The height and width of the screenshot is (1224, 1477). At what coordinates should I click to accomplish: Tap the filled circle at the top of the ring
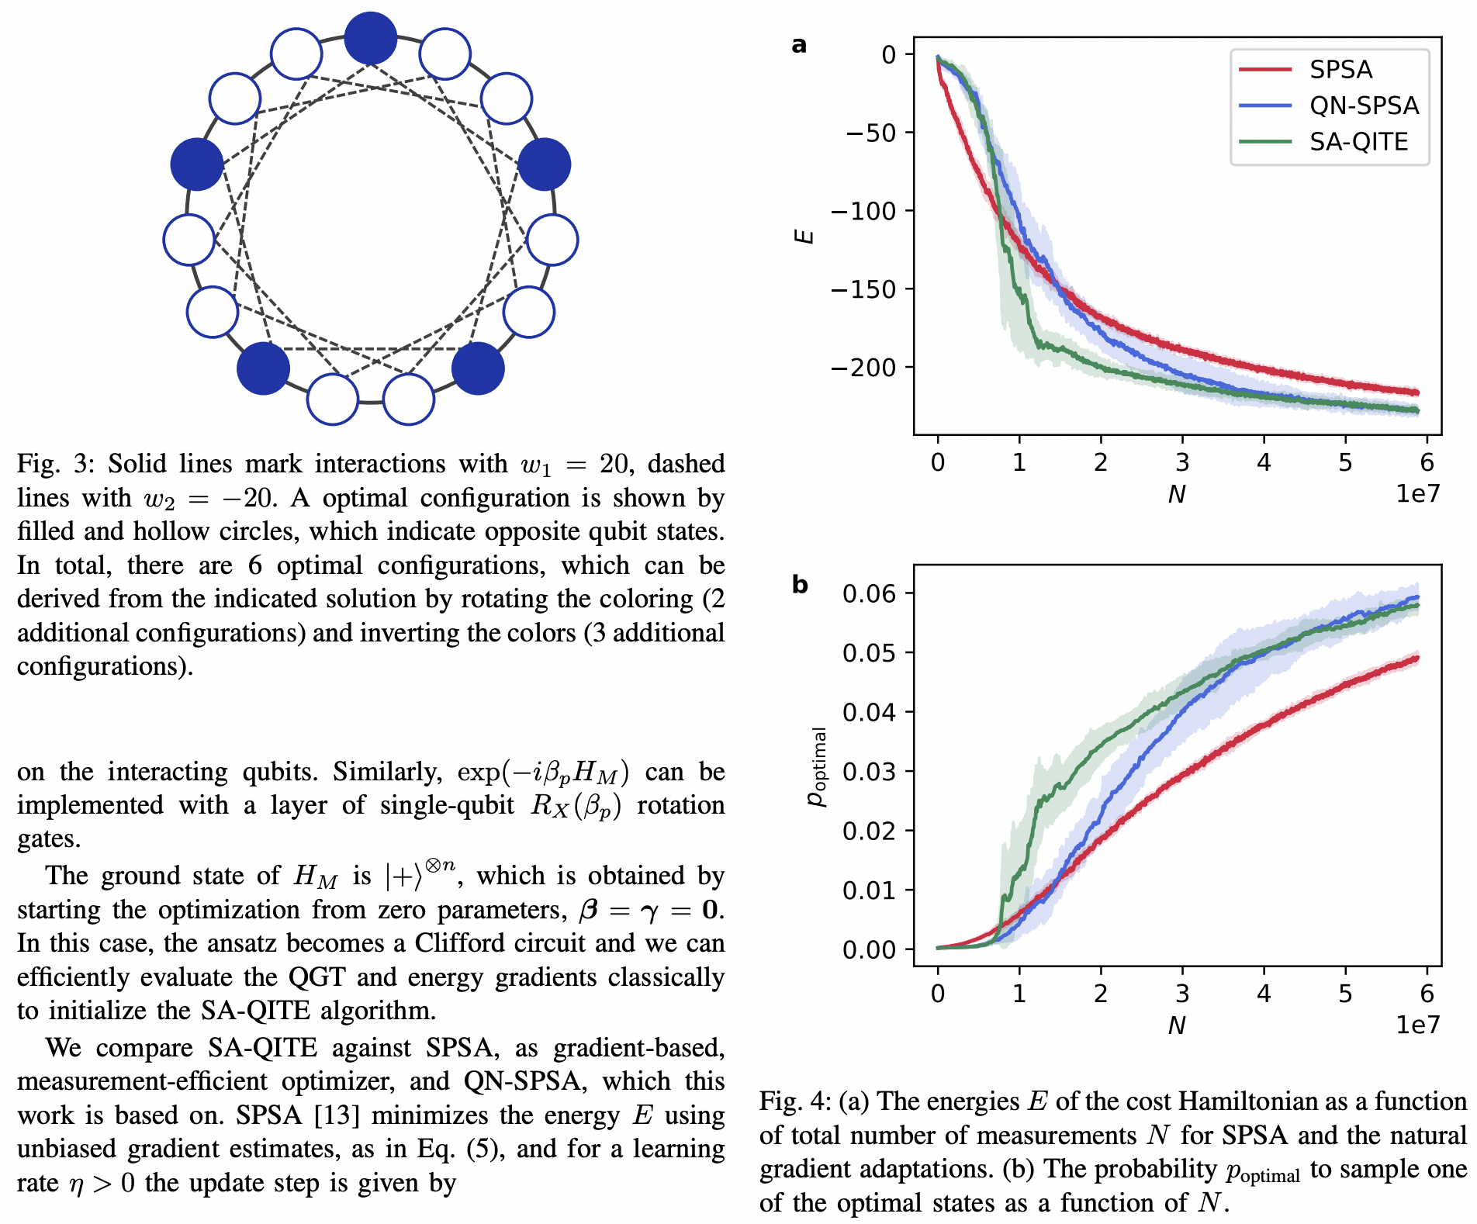coord(371,38)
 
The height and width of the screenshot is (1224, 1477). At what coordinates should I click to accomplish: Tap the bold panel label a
coord(799,45)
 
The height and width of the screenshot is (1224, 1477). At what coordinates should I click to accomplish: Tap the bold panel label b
coord(800,584)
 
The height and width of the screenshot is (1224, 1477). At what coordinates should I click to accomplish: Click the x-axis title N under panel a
coord(1177,494)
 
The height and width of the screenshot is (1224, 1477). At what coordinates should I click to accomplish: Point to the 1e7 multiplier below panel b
coord(1417,1025)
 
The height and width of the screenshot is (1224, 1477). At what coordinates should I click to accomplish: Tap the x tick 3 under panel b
coord(1181,994)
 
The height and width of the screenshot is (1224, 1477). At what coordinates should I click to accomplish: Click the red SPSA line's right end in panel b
coord(1417,659)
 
